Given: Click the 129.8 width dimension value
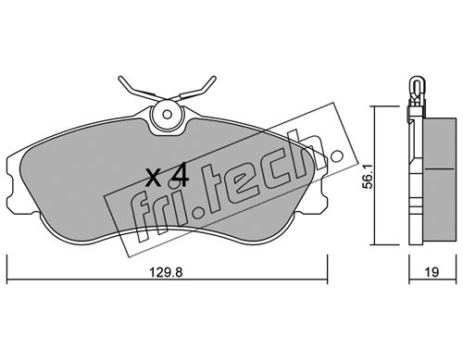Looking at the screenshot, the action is pos(167,273).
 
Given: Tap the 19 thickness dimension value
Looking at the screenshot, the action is pos(432,273).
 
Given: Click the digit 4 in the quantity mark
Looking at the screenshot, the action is pos(179,175).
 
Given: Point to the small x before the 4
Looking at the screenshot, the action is pos(154,180).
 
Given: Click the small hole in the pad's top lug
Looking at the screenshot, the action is pos(168,115).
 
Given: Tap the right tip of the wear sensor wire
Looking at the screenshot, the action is pos(214,78).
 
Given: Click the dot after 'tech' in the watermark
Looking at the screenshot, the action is pos(336,156).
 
